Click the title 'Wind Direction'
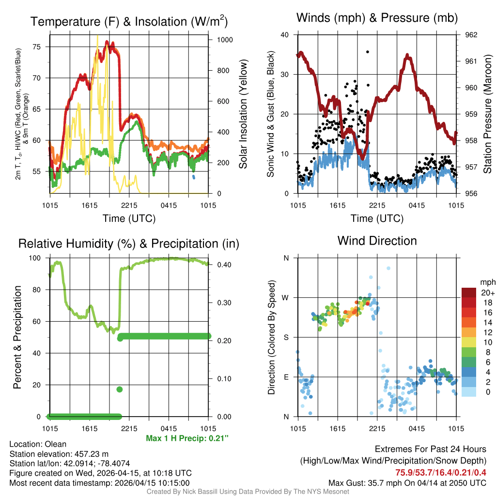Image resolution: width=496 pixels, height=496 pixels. [377, 241]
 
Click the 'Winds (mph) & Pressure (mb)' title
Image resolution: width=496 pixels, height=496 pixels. [377, 18]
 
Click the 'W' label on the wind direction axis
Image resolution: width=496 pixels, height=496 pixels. [286, 297]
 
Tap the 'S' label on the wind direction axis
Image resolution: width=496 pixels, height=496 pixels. [286, 337]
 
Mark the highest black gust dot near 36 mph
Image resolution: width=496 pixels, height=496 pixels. [368, 52]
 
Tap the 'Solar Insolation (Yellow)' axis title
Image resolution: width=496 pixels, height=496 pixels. [243, 114]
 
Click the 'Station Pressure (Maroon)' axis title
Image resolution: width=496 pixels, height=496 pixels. [488, 114]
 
